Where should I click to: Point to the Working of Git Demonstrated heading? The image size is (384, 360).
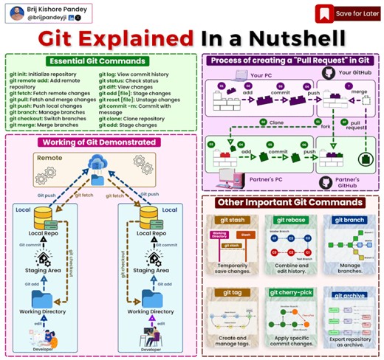coord(98,142)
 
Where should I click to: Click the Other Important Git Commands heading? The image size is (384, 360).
coord(290,201)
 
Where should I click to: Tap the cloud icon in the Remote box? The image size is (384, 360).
coord(97,166)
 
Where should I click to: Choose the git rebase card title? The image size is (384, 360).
coord(290,219)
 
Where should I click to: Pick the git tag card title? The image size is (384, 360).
coord(232,292)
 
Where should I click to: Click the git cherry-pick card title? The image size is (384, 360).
coord(290,292)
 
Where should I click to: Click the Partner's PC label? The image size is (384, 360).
coord(271,179)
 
